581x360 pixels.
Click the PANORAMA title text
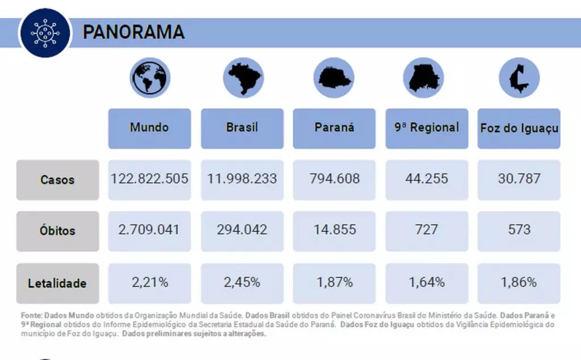(134, 32)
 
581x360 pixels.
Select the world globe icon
(150, 78)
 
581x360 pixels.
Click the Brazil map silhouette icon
(242, 78)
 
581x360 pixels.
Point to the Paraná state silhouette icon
(334, 78)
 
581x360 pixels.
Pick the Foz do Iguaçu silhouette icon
(519, 78)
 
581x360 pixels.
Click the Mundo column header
(150, 128)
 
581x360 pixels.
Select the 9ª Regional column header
(427, 128)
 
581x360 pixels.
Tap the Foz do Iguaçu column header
(519, 128)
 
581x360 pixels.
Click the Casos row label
(57, 180)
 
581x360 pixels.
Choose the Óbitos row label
(57, 231)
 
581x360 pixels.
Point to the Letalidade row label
(57, 283)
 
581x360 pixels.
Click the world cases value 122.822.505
(150, 179)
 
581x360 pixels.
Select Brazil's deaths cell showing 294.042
(242, 230)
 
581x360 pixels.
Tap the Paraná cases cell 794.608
(334, 179)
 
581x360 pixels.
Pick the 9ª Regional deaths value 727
(427, 230)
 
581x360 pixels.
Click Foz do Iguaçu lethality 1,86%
(519, 282)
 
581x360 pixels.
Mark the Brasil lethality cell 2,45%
(242, 282)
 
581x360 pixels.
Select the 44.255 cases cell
(427, 179)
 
